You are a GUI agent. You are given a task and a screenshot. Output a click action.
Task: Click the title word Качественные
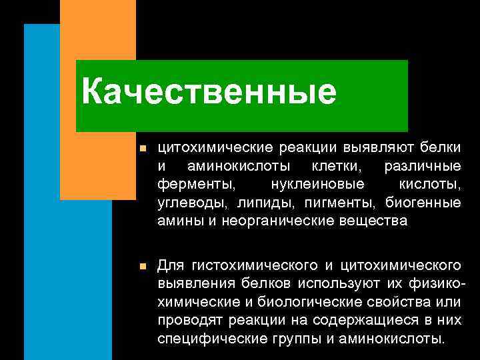pyautogui.click(x=209, y=92)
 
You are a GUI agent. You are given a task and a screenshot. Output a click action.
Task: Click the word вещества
pyautogui.click(x=379, y=220)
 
